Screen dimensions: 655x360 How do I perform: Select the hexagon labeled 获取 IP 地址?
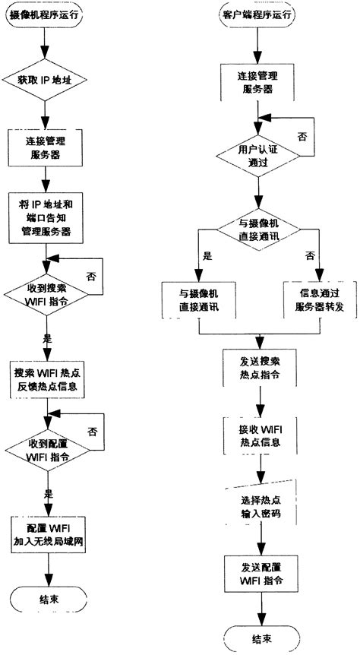[x=46, y=80]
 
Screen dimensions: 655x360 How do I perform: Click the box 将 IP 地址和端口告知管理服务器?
[x=46, y=219]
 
